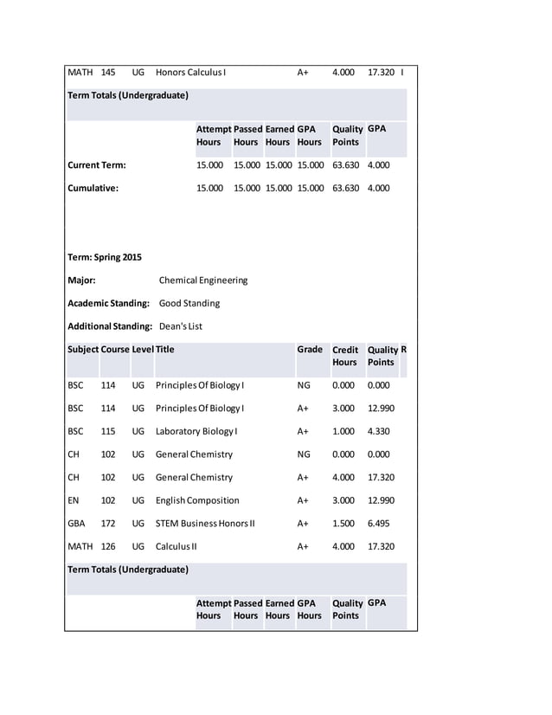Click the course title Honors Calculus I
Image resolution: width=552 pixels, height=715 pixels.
[x=190, y=72]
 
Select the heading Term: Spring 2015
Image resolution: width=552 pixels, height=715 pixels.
[x=104, y=257]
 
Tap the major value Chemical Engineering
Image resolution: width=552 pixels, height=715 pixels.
[x=203, y=280]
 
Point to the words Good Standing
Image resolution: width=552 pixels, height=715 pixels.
[x=189, y=304]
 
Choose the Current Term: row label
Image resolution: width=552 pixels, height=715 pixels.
[x=96, y=164]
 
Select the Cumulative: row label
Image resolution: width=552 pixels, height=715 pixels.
[x=93, y=187]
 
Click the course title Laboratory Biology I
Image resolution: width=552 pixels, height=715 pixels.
[x=196, y=431]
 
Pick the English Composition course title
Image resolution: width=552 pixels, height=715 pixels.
[x=197, y=500]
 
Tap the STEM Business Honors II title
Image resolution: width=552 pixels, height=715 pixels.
[x=205, y=524]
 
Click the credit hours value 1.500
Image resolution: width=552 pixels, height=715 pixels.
[x=343, y=524]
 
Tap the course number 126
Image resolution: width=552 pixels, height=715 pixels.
[x=108, y=546]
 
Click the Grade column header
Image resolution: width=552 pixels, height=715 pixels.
[x=310, y=350]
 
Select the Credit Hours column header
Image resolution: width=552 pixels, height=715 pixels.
[x=344, y=356]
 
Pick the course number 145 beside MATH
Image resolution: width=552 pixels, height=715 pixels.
[x=108, y=72]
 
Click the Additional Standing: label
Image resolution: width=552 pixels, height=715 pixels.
[x=111, y=326]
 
